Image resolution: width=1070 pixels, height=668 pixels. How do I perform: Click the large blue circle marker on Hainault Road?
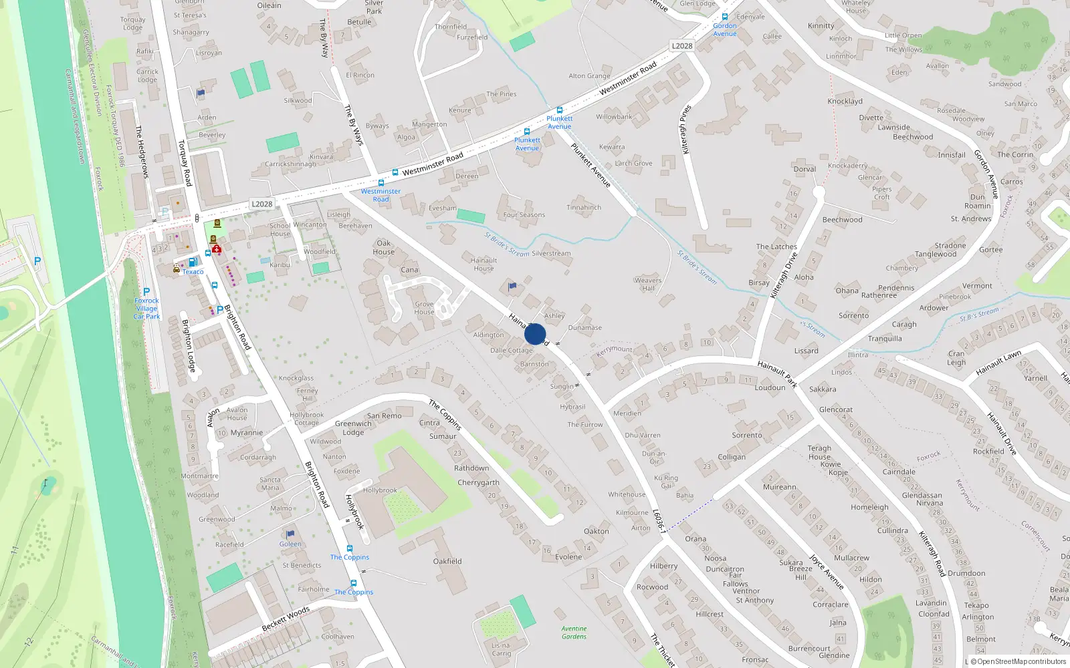click(535, 334)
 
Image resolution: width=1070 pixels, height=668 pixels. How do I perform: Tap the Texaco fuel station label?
click(193, 272)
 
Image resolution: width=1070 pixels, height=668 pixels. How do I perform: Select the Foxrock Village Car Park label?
click(146, 309)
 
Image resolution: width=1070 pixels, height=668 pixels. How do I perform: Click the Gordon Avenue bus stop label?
click(725, 29)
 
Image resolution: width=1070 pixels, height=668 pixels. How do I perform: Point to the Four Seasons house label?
click(524, 215)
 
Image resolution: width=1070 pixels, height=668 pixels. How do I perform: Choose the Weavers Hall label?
click(647, 285)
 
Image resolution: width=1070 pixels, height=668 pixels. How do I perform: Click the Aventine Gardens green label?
click(574, 633)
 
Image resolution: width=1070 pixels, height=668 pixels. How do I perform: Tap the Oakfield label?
click(447, 561)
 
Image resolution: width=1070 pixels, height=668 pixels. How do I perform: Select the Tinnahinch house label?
click(584, 207)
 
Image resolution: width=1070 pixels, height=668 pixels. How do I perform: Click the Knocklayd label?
click(845, 102)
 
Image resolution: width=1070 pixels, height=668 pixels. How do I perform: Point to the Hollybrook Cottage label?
click(306, 419)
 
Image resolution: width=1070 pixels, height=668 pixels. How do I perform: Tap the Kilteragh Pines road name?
click(685, 130)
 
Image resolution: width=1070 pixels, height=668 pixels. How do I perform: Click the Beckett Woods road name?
click(286, 619)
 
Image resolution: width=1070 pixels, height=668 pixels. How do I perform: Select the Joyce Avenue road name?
click(826, 571)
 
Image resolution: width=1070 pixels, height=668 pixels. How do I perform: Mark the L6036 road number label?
click(659, 520)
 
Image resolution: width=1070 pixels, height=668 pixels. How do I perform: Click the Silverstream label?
click(551, 254)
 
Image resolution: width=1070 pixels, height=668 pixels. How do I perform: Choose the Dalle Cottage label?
click(512, 350)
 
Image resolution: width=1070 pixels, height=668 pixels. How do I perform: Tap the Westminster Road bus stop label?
click(381, 195)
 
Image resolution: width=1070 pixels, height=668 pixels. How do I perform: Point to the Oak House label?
click(383, 247)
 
